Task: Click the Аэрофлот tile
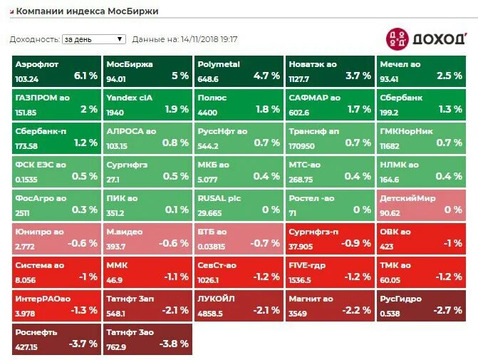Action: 56,70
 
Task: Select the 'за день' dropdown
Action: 93,39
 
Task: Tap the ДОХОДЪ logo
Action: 425,38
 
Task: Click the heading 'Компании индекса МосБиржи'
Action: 87,11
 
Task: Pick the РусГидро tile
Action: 421,305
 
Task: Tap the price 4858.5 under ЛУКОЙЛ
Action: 211,313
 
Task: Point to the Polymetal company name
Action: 218,64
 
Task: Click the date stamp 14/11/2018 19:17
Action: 209,40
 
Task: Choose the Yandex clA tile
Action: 147,104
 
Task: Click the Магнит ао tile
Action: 329,305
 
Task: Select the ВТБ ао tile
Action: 238,238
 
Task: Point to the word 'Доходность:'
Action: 35,40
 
